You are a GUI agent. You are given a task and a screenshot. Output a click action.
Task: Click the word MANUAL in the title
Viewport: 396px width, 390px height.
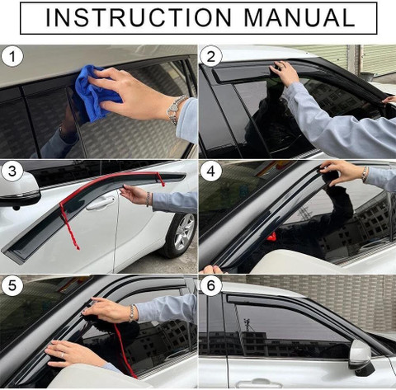(299, 18)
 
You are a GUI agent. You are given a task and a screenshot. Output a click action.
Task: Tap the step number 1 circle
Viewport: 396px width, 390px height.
(12, 57)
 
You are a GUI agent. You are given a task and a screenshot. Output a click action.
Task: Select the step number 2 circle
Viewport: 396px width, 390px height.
(211, 57)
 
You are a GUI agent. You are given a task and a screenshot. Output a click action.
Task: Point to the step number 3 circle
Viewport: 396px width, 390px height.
(12, 172)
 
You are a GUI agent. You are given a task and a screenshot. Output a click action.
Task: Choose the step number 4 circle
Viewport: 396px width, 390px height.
(211, 172)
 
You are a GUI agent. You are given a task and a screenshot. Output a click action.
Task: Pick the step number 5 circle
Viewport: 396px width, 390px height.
(12, 285)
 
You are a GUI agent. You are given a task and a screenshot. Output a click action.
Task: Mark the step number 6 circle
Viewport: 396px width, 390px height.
(211, 285)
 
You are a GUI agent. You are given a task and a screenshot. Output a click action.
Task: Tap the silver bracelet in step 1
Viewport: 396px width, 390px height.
(176, 110)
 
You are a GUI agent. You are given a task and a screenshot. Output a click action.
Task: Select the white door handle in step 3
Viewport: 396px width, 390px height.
(101, 204)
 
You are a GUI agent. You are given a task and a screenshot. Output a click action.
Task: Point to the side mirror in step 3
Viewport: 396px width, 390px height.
(18, 190)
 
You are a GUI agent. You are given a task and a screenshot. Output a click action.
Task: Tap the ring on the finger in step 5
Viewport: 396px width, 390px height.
(63, 355)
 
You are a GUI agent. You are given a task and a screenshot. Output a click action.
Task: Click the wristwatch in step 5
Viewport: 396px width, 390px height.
(132, 313)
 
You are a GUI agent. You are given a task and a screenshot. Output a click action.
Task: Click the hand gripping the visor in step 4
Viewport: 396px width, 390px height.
(341, 172)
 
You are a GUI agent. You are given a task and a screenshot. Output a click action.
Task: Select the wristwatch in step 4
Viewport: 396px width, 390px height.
(365, 174)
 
